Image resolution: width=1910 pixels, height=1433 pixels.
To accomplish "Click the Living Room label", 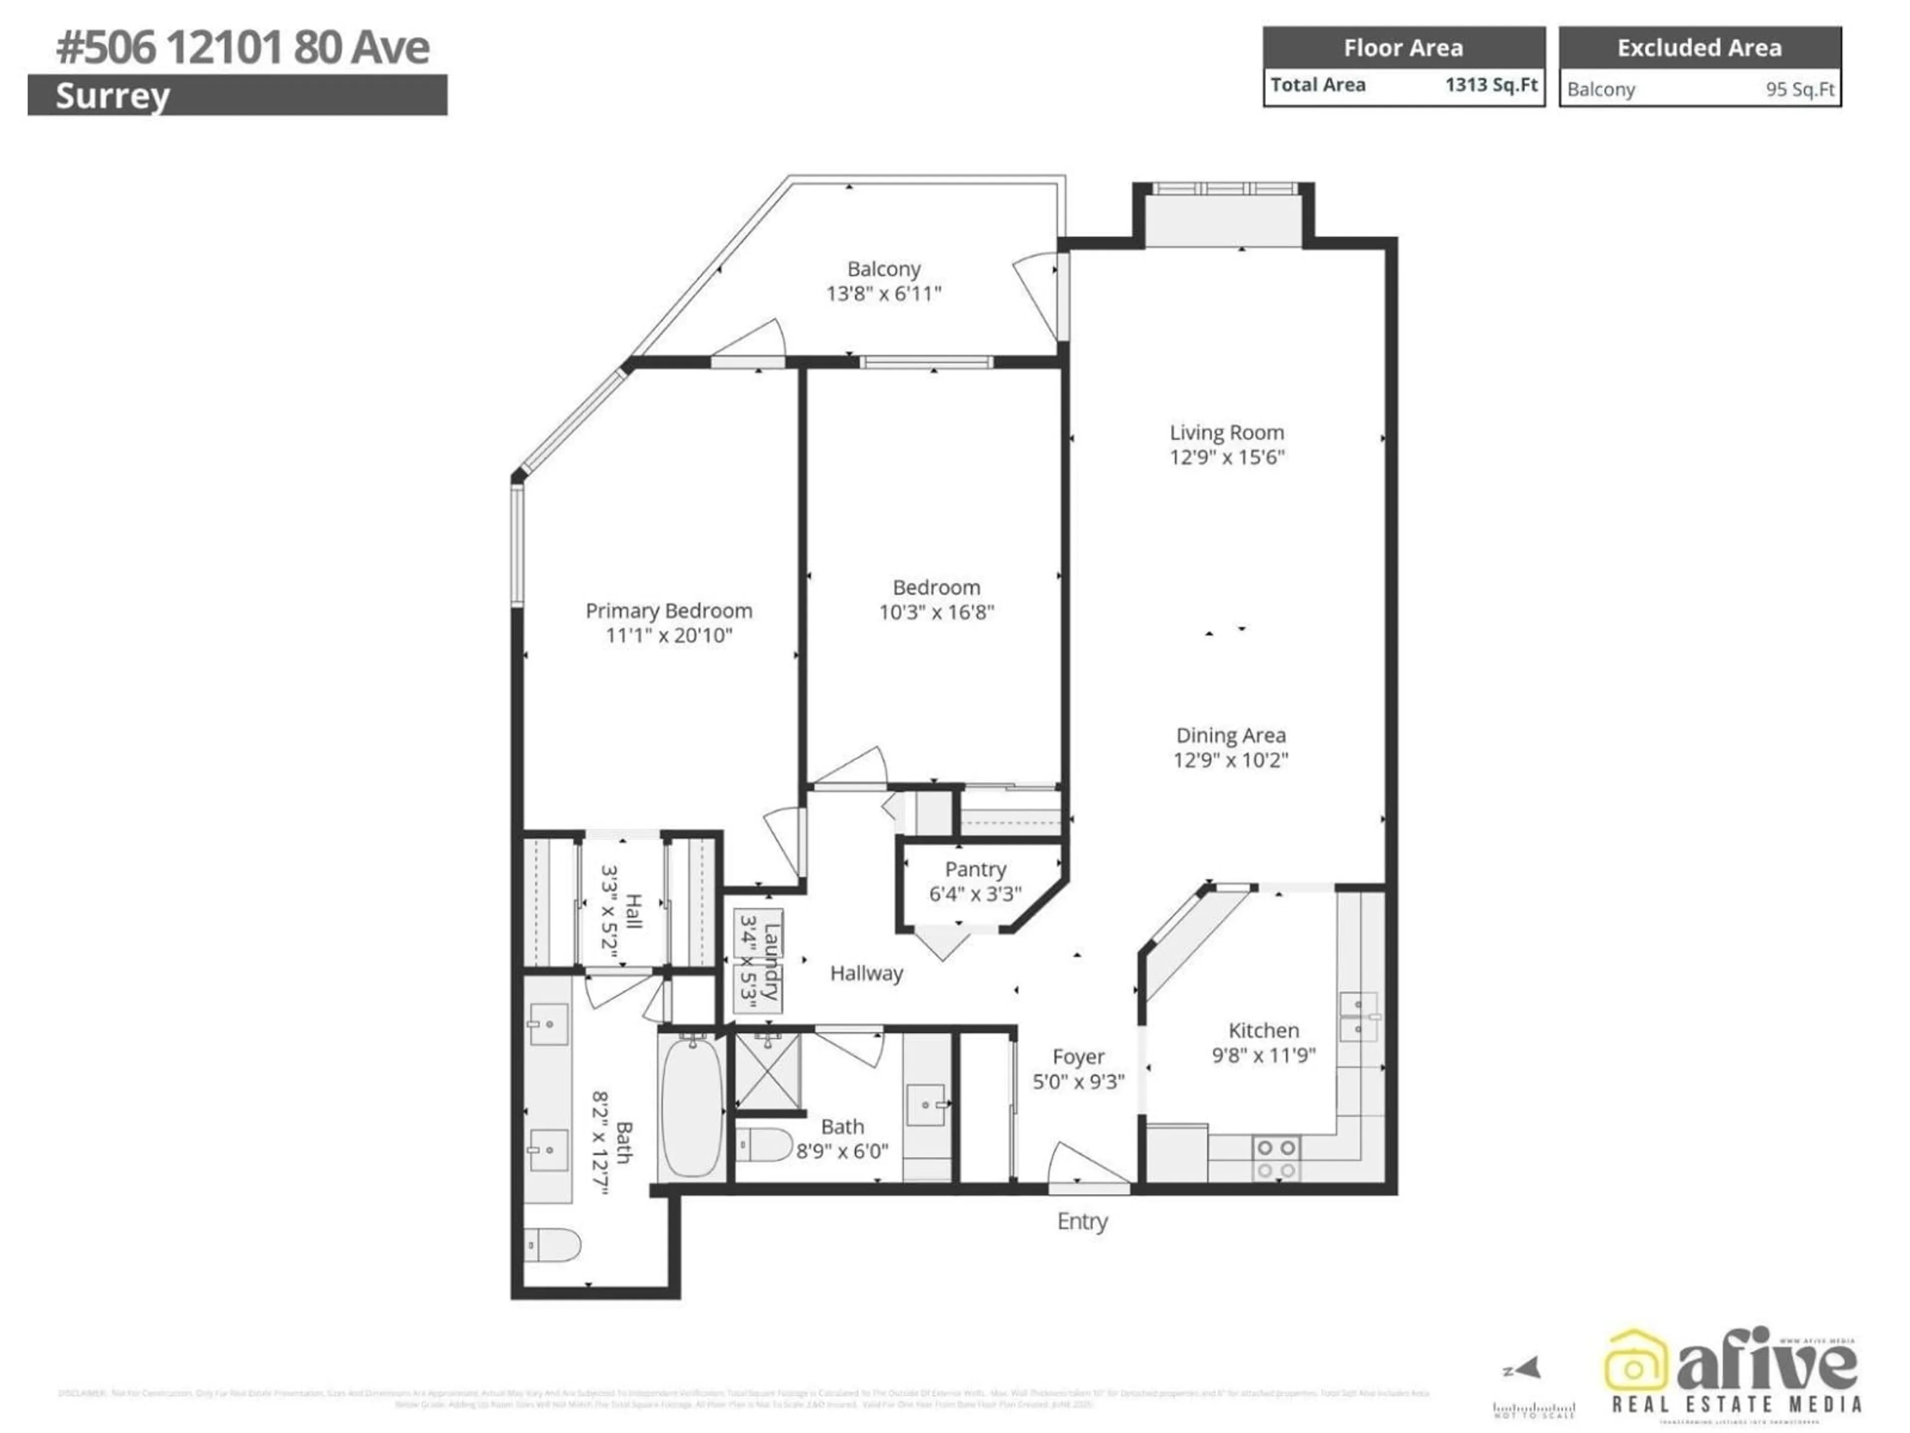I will [x=1226, y=433].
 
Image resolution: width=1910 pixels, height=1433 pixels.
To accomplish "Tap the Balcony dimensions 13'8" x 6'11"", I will [x=883, y=294].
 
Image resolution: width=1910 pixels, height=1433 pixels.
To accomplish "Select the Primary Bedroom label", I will [x=668, y=611].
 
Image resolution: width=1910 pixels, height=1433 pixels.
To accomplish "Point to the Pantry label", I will [x=975, y=869].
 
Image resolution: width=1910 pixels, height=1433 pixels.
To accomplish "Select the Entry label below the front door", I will [x=1082, y=1222].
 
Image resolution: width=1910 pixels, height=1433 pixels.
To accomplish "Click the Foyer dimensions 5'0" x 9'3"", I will [x=1078, y=1081].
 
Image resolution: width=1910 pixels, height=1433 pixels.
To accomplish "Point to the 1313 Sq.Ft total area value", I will [x=1491, y=85].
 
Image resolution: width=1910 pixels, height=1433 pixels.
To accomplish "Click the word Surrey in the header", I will [x=112, y=96].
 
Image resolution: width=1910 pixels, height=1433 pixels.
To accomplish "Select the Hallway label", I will [x=866, y=973].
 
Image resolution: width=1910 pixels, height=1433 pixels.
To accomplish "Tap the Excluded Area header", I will [x=1699, y=47].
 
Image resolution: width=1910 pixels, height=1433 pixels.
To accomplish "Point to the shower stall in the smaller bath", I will [x=767, y=1071].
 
